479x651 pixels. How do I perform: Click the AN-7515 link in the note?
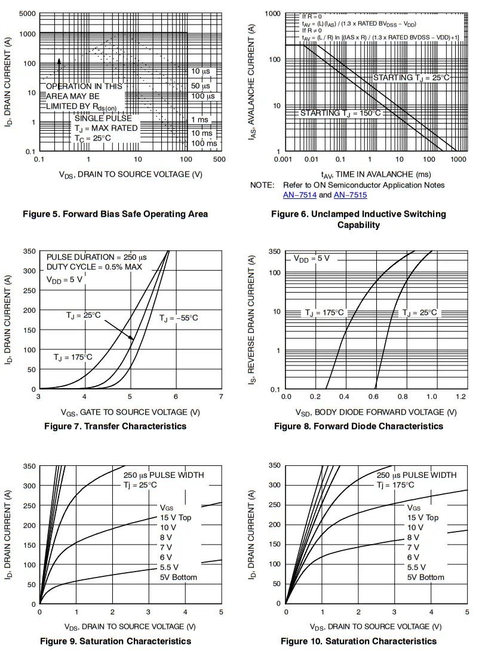pyautogui.click(x=350, y=195)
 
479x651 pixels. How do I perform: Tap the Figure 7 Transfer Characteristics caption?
pyautogui.click(x=115, y=426)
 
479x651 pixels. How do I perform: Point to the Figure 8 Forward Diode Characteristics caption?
pyautogui.click(x=358, y=426)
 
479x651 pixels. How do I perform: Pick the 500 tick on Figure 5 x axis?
pyautogui.click(x=219, y=159)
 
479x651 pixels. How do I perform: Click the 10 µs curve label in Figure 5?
pyautogui.click(x=201, y=72)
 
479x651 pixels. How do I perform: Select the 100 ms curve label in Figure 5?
pyautogui.click(x=204, y=143)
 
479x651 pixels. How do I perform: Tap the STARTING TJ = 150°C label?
pyautogui.click(x=340, y=113)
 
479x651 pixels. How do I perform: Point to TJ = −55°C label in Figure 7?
pyautogui.click(x=178, y=318)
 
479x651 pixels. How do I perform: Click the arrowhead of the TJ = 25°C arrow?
pyautogui.click(x=134, y=340)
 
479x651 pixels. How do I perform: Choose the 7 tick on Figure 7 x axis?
pyautogui.click(x=221, y=397)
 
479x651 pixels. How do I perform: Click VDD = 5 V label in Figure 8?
pyautogui.click(x=311, y=259)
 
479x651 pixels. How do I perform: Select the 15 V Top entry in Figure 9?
pyautogui.click(x=176, y=517)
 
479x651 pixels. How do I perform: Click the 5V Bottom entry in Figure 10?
pyautogui.click(x=426, y=577)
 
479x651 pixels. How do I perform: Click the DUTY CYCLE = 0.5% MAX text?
pyautogui.click(x=94, y=267)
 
